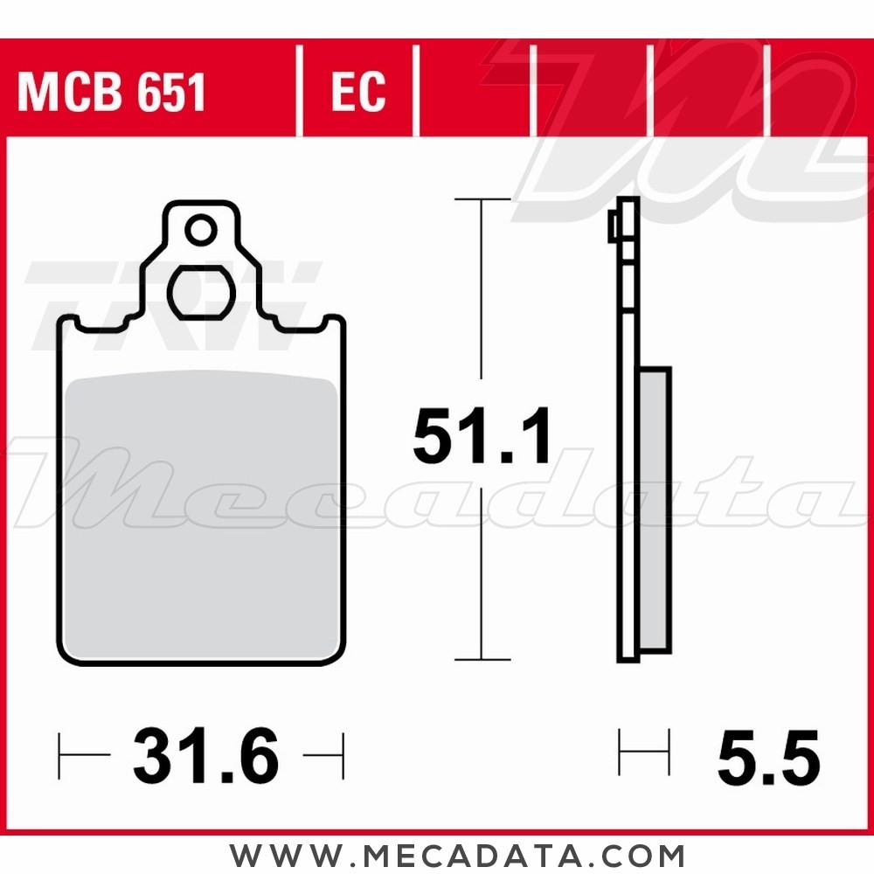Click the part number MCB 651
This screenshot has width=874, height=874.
point(111,93)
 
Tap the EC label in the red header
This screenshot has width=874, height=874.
point(358,93)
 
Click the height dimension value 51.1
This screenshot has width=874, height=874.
point(482,438)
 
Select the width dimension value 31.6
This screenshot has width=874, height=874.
point(205,757)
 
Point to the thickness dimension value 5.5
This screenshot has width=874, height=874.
point(768,757)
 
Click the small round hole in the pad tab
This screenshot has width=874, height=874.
point(201,232)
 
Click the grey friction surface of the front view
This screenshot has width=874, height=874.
point(201,516)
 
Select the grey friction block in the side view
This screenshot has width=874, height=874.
point(655,510)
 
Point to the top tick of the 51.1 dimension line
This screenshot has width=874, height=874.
point(482,200)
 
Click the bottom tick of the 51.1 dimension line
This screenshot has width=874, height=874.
point(482,659)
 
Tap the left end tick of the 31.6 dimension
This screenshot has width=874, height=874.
point(59,756)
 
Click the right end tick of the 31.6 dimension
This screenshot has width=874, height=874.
point(343,756)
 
